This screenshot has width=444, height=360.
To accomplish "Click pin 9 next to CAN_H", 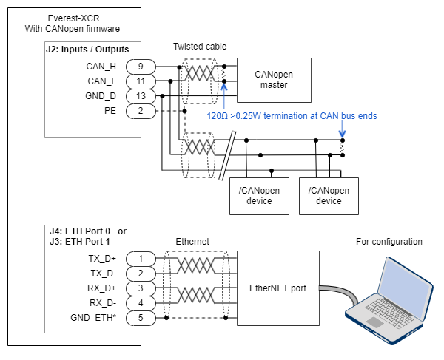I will [140, 66].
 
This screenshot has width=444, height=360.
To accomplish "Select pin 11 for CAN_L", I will [140, 81].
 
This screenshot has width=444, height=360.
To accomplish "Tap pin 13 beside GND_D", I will [140, 95].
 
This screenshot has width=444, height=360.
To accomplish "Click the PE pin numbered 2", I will [140, 110].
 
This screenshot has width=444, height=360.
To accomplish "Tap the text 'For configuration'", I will [388, 242].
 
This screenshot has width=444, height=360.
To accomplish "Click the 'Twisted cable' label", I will [201, 47].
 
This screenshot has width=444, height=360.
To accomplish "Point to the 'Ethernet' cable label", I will [194, 242].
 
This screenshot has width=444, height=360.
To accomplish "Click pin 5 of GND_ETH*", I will [140, 317].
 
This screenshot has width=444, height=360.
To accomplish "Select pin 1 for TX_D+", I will [140, 258].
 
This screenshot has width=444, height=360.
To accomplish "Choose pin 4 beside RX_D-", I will [140, 302].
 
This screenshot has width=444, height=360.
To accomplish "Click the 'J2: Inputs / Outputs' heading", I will [87, 50].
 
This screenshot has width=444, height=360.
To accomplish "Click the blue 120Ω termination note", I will [292, 116].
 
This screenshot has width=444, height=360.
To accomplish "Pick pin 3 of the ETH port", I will [140, 288].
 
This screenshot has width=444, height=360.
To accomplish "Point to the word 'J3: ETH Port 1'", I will [78, 241].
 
